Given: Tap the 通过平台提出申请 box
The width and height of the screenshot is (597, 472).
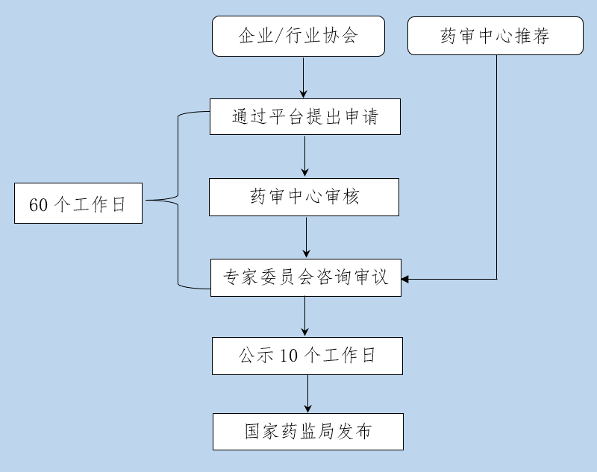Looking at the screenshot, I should pyautogui.click(x=304, y=117).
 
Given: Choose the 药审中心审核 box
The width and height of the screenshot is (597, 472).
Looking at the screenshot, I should pyautogui.click(x=304, y=198).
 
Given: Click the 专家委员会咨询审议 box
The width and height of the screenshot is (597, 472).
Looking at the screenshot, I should pyautogui.click(x=305, y=277).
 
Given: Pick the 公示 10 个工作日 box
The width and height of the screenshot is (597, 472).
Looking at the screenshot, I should pyautogui.click(x=307, y=356).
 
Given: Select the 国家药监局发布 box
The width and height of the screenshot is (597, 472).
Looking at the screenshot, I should pyautogui.click(x=307, y=432).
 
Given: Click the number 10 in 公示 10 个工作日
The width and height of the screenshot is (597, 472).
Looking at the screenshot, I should pyautogui.click(x=289, y=356).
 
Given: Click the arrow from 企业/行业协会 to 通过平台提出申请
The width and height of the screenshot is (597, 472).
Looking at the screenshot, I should pyautogui.click(x=304, y=78).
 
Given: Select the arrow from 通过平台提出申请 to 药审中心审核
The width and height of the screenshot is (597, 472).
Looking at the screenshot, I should pyautogui.click(x=305, y=157).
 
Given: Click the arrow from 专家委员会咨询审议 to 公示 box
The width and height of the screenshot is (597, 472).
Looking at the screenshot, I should pyautogui.click(x=305, y=316).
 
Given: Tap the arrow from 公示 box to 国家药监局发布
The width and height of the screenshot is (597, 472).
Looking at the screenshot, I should pyautogui.click(x=307, y=394).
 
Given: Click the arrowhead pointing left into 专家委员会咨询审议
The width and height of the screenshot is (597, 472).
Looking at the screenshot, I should pyautogui.click(x=406, y=279).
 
